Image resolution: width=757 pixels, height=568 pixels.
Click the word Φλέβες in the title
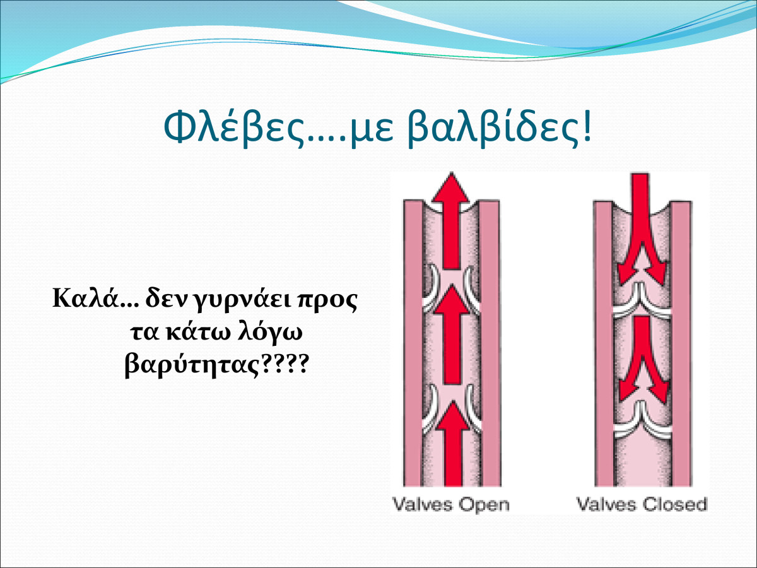[235, 127]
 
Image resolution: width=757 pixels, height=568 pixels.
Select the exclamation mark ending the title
[586, 126]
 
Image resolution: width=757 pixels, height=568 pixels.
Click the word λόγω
[270, 333]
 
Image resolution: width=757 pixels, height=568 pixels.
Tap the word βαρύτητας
[192, 366]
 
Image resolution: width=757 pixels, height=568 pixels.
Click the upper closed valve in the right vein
[642, 301]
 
